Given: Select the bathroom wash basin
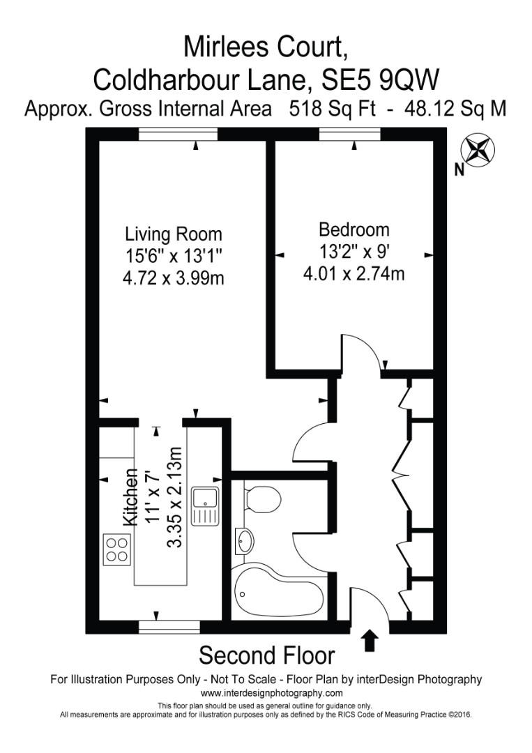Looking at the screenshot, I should click(245, 542).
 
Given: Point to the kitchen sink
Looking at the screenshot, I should click(207, 505).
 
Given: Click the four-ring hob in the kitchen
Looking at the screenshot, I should click(117, 548).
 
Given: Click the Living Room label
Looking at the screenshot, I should click(173, 234).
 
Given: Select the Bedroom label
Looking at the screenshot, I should click(354, 229).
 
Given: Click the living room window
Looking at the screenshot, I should click(178, 135).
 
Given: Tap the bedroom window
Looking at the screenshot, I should click(350, 135).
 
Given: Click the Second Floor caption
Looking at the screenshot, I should click(266, 656).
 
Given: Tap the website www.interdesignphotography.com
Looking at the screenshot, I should click(271, 693).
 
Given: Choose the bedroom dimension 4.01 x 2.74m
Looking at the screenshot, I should click(354, 274).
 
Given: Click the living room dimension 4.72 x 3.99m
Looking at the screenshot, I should click(173, 279).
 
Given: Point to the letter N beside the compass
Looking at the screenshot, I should click(459, 169).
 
